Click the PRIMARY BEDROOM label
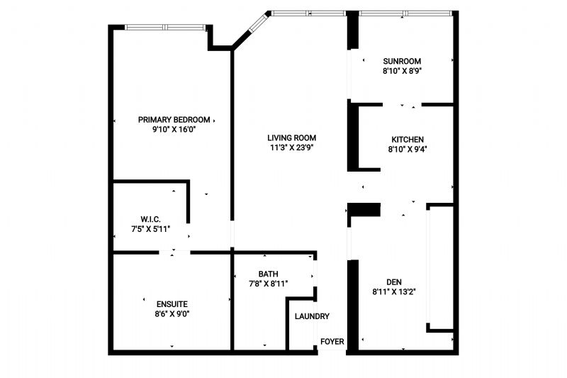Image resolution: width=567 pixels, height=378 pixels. (x=174, y=120)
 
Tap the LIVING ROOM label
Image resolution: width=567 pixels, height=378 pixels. (x=292, y=138)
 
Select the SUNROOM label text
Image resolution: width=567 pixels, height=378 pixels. (x=402, y=61)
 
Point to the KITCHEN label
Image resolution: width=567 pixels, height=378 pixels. (x=408, y=140)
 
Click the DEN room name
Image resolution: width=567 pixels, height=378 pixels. (x=394, y=282)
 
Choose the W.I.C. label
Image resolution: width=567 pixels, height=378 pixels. (x=150, y=219)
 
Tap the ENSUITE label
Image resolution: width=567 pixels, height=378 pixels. (x=172, y=304)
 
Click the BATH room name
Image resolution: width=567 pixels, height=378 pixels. (x=269, y=274)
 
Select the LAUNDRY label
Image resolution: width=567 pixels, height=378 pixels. (x=312, y=316)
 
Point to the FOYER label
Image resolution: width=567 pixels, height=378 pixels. (x=332, y=342)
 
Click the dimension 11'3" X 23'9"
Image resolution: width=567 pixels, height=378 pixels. (x=291, y=148)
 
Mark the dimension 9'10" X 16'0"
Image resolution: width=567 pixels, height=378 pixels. (x=174, y=130)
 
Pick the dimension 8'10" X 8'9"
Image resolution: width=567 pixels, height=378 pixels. (x=403, y=71)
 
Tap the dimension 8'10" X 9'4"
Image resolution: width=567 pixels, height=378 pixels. (x=408, y=150)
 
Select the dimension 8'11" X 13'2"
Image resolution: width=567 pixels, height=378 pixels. (x=394, y=292)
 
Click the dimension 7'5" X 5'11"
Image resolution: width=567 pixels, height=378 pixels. (x=150, y=229)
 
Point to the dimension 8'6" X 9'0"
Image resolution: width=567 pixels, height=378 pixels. (x=172, y=314)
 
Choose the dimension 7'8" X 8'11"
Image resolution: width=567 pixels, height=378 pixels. (x=269, y=284)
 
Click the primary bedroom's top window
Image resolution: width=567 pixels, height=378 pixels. (x=165, y=27)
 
